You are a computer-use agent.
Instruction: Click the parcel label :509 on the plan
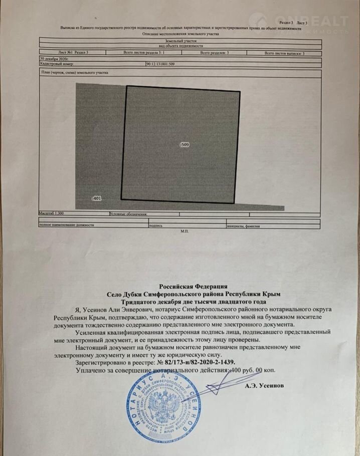(184, 145)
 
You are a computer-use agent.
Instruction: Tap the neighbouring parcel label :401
(97, 198)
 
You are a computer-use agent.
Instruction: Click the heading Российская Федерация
(193, 285)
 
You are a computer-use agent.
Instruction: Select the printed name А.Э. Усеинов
(264, 386)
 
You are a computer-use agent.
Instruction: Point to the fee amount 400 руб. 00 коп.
(252, 370)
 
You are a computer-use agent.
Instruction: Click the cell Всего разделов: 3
(215, 53)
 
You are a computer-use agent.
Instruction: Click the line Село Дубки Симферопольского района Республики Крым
(193, 293)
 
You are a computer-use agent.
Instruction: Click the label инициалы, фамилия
(244, 226)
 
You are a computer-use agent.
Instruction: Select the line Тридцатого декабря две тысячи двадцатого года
(193, 302)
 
